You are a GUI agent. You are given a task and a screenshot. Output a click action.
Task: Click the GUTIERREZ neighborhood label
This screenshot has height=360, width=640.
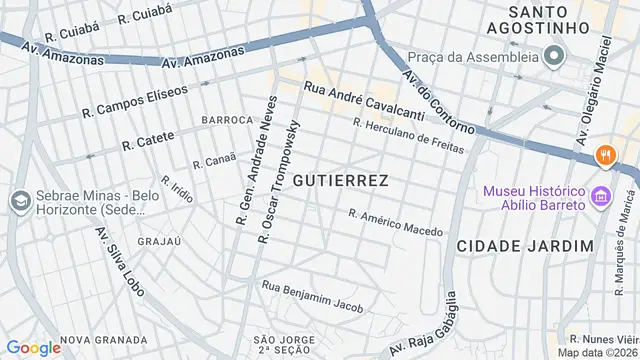coord(341,180)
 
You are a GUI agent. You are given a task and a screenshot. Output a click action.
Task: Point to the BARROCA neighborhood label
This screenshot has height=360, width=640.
coord(227,120)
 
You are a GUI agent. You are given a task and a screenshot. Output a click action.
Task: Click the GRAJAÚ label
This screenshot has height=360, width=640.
coord(158,241)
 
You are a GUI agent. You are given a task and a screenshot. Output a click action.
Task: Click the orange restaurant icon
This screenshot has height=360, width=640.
coord(604,155)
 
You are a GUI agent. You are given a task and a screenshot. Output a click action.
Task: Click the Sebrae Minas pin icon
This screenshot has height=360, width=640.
coord(19,201)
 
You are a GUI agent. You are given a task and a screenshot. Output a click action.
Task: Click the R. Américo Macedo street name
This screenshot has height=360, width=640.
coord(395,222)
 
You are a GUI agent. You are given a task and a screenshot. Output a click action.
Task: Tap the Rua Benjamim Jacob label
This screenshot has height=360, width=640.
coord(312,297)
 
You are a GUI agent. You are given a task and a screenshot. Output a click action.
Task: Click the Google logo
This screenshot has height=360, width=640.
coord(33,347)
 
